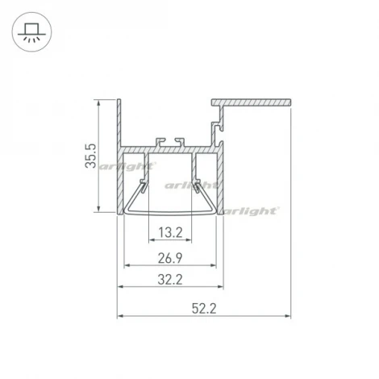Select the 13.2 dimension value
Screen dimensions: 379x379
[x=169, y=234]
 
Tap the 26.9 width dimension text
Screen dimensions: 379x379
[x=169, y=260]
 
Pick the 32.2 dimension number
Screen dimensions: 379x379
[x=169, y=281]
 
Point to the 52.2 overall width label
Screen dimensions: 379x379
[x=205, y=308]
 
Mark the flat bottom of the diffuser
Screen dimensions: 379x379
[x=169, y=214]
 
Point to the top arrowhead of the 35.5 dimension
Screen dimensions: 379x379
[x=98, y=102]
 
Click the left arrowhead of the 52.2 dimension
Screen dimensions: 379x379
[x=121, y=314]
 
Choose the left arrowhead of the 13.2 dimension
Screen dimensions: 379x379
[x=151, y=240]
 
